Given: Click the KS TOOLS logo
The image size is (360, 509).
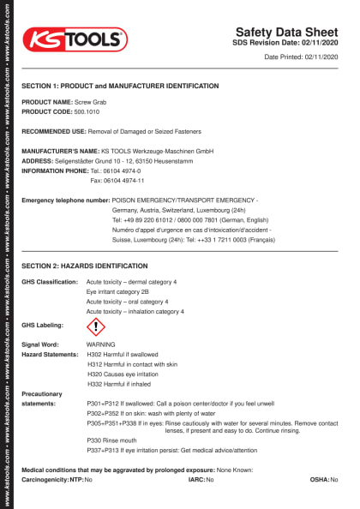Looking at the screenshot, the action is (x=75, y=39).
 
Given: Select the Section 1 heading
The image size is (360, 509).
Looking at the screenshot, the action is (x=120, y=87).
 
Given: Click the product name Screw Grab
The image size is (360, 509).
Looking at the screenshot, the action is (x=91, y=102).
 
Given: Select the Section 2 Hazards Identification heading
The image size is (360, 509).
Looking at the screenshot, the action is (x=85, y=266).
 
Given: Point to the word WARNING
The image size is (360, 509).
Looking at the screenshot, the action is (x=101, y=344).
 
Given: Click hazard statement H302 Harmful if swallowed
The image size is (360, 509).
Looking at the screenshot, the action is (x=123, y=353).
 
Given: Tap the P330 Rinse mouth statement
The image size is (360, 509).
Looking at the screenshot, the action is (x=108, y=440).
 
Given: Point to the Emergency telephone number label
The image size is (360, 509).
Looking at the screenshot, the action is (x=66, y=200).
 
